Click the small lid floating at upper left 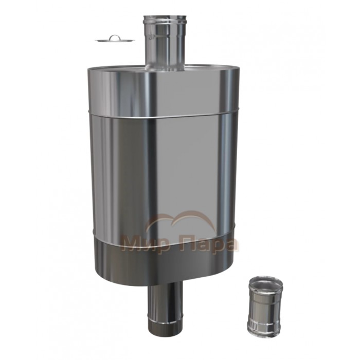click(x=115, y=40)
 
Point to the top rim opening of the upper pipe click(x=164, y=17)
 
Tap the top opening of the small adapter click(x=266, y=281)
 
